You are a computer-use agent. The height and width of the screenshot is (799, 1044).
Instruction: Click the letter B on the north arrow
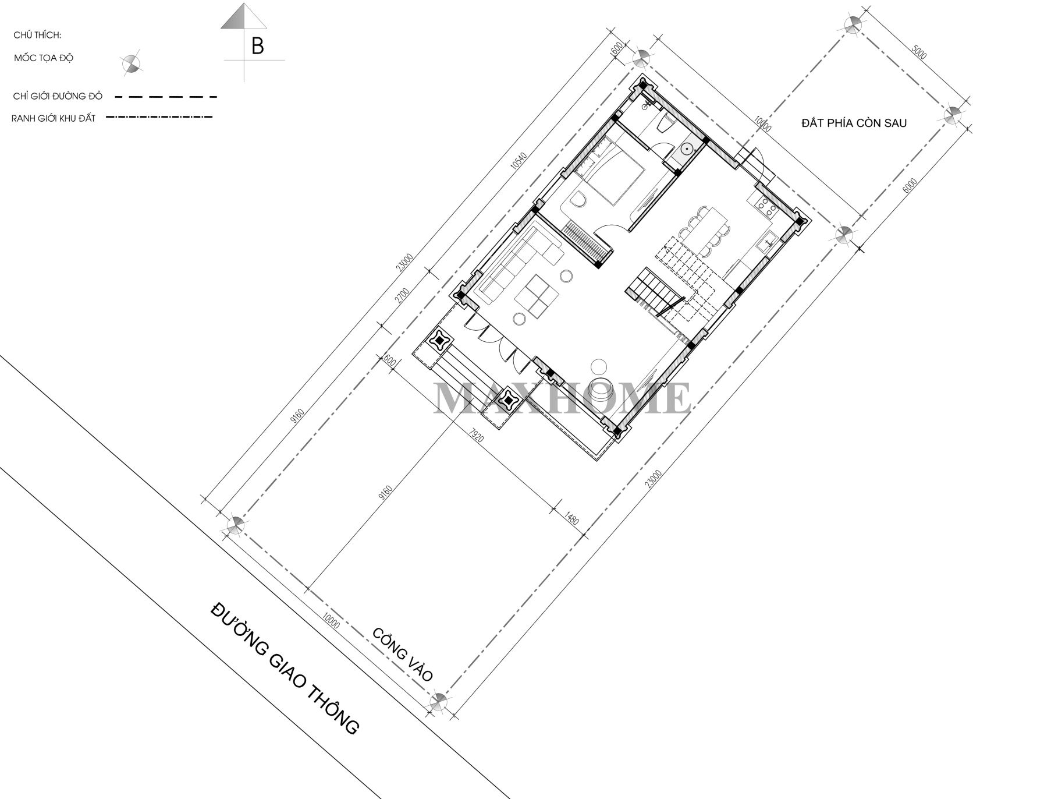pyautogui.click(x=257, y=47)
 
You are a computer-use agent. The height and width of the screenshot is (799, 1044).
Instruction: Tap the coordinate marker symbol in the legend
pyautogui.click(x=131, y=63)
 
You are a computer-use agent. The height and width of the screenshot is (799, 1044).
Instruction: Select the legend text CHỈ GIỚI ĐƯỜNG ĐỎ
pyautogui.click(x=58, y=96)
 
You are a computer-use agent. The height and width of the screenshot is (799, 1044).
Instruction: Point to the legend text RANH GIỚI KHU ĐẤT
pyautogui.click(x=54, y=118)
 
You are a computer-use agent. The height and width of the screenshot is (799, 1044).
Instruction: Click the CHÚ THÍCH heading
pyautogui.click(x=37, y=36)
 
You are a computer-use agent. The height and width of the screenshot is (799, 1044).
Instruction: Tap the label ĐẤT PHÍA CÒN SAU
pyautogui.click(x=853, y=123)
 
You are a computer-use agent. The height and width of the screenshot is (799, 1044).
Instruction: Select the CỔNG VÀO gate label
pyautogui.click(x=403, y=655)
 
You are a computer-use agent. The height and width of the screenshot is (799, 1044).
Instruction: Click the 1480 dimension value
pyautogui.click(x=572, y=517)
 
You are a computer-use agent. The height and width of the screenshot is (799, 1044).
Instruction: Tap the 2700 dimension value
pyautogui.click(x=402, y=296)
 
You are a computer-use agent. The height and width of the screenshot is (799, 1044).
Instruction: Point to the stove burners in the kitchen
pyautogui.click(x=762, y=205)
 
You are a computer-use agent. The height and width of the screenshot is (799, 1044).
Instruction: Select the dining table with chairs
pyautogui.click(x=705, y=230)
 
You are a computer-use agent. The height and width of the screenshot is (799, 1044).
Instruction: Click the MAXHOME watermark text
pyautogui.click(x=562, y=398)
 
